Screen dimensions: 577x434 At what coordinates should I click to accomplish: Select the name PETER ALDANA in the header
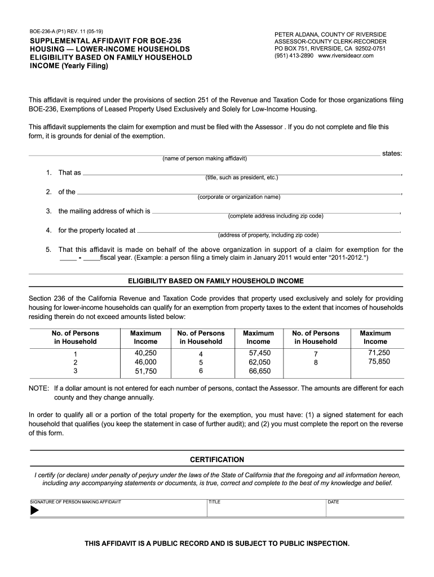(x=296, y=34)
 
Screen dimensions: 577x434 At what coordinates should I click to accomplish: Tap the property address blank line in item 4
(x=268, y=231)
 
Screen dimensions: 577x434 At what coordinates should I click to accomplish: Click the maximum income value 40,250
(x=145, y=353)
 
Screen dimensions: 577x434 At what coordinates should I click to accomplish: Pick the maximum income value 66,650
(x=260, y=371)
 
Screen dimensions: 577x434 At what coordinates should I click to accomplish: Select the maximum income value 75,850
(x=379, y=362)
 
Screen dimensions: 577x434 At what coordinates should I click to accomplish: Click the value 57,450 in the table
(x=260, y=353)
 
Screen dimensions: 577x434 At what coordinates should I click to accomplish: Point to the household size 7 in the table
(x=316, y=353)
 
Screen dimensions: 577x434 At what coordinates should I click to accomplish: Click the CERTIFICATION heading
(x=217, y=460)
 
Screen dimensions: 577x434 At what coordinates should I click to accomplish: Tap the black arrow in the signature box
(x=34, y=511)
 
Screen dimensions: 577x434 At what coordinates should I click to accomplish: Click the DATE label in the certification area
(x=333, y=501)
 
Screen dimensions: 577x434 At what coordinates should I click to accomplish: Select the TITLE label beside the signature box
(x=214, y=501)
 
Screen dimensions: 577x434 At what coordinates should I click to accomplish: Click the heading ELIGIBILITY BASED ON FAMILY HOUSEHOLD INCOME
(x=216, y=281)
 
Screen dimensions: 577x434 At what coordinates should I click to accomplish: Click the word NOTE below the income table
(x=38, y=388)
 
